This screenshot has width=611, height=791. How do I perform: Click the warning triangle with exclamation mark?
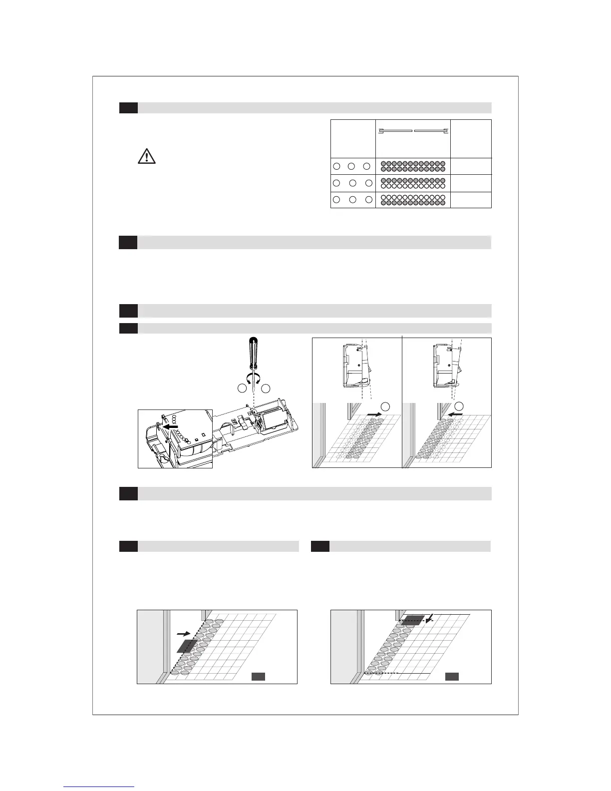146,156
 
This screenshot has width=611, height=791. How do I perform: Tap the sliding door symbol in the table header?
412,131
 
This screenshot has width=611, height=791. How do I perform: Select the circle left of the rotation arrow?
242,388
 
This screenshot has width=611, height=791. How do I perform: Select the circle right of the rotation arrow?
265,388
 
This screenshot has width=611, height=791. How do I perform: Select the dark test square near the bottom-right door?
412,620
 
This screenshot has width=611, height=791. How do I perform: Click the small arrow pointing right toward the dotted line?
183,633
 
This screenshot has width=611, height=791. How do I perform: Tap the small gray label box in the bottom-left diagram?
258,677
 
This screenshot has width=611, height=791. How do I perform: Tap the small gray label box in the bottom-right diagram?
452,677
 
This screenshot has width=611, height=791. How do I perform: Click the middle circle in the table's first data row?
351,166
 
